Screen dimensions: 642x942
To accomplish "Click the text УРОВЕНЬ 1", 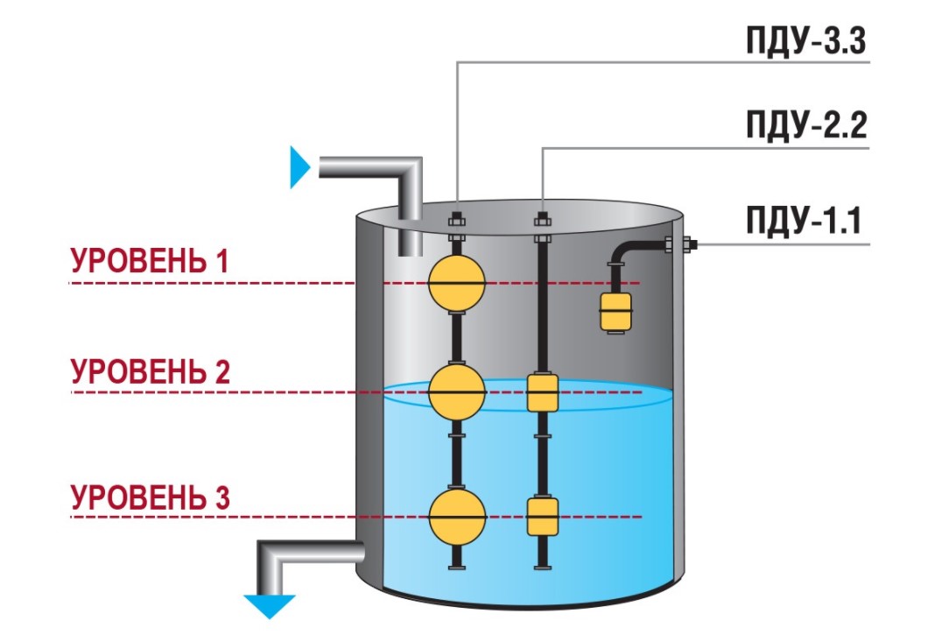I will (x=150, y=261).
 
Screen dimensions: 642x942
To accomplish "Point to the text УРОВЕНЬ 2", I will (x=150, y=371).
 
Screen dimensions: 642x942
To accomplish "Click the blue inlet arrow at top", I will (x=300, y=166).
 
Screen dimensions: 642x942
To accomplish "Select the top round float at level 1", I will (x=456, y=282).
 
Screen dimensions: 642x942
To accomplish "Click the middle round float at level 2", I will (x=456, y=392).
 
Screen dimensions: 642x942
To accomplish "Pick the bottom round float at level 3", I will (x=456, y=517).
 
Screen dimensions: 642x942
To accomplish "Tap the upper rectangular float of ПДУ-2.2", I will (x=543, y=392).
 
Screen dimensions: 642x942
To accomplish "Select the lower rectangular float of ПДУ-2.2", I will (x=543, y=516).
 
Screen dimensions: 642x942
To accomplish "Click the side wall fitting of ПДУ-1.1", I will (x=678, y=244).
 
